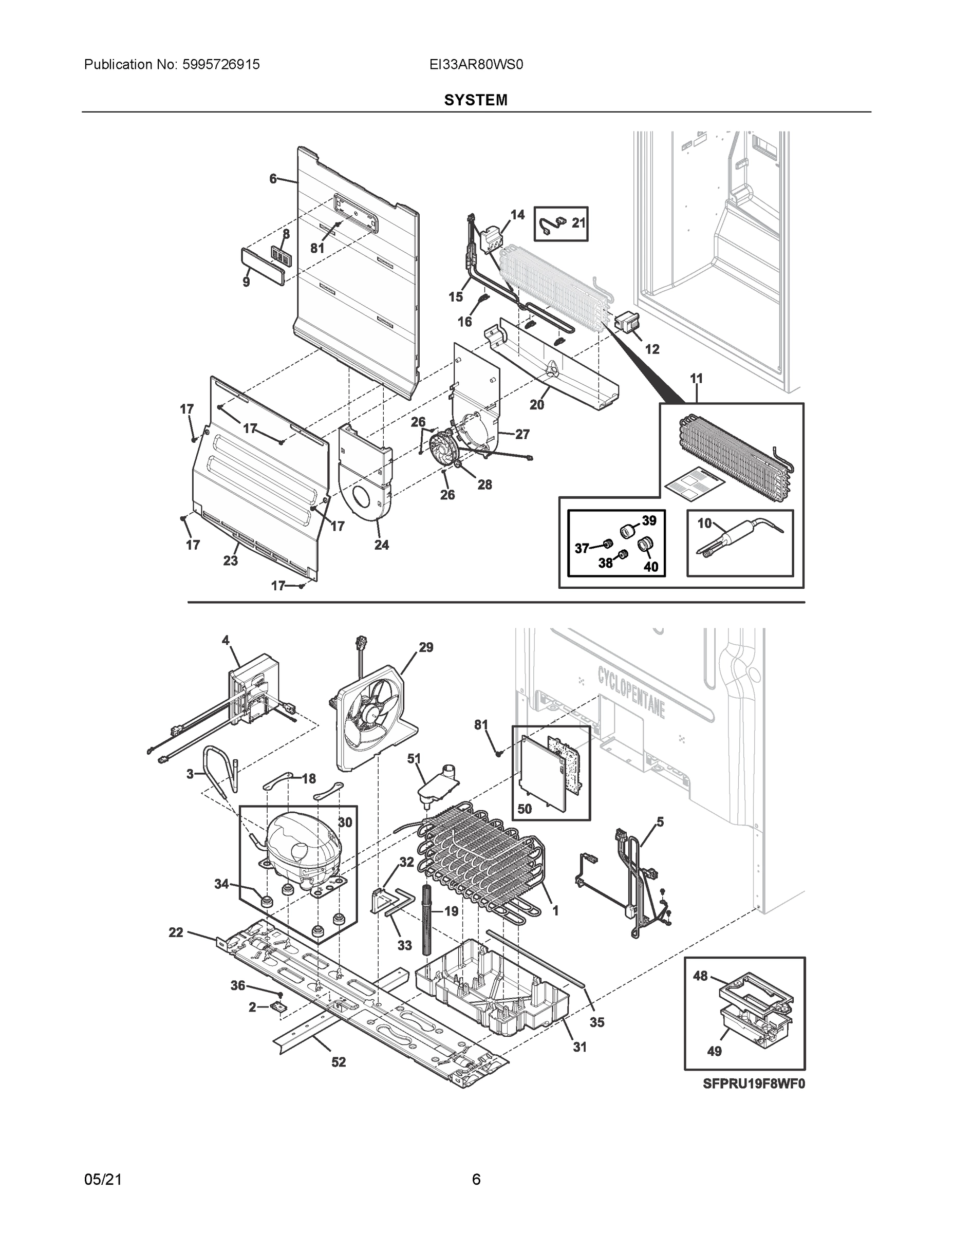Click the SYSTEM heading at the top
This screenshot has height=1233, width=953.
coord(475,100)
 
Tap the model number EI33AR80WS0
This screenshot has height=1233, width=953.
coord(476,65)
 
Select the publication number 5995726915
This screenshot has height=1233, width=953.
coord(220,65)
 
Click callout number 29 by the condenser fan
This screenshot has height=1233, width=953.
coord(426,647)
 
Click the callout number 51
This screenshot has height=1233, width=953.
coord(415,759)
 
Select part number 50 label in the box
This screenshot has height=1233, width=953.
coord(525,809)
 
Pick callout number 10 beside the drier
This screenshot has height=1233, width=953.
coord(704,524)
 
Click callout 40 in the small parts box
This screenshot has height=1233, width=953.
coord(650,566)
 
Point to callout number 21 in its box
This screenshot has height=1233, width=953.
coord(578,223)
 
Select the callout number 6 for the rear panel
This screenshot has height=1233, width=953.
coord(273,179)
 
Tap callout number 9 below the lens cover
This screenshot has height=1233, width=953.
coord(246,282)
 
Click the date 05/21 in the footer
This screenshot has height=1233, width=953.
coord(103,1180)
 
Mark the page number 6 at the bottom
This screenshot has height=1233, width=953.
coord(476,1180)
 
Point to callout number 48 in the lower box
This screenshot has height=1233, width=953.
coord(700,976)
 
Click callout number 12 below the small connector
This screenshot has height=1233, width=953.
coord(652,349)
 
